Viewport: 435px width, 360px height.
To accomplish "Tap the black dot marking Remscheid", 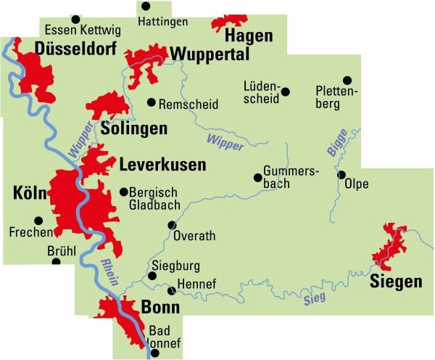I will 152,102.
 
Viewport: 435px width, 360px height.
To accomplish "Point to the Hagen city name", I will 249,36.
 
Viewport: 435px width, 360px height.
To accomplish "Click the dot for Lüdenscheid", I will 285,91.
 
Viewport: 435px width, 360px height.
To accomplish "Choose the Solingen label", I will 135,129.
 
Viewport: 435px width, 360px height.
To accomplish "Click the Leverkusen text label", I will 162,165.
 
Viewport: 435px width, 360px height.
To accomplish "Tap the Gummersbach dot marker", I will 257,177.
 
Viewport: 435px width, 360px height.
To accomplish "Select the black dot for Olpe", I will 341,175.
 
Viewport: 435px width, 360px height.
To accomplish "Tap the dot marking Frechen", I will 38,220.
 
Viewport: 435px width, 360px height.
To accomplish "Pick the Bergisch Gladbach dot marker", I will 123,192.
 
